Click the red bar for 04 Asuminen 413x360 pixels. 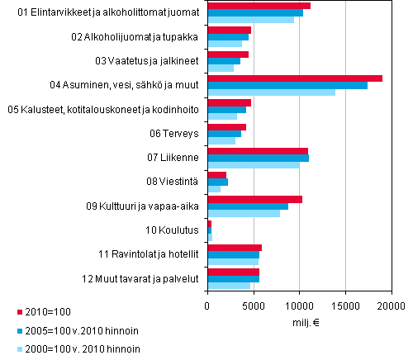click(295, 78)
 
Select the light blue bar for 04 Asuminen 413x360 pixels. click(271, 92)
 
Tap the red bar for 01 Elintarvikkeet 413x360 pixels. click(259, 6)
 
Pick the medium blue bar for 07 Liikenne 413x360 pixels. click(258, 158)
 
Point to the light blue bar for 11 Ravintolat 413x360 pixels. click(232, 262)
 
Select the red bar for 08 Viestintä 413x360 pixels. click(216, 175)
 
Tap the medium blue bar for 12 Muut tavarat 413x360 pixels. click(233, 279)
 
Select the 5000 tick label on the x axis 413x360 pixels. click(253, 306)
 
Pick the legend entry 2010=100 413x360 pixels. click(50, 312)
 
